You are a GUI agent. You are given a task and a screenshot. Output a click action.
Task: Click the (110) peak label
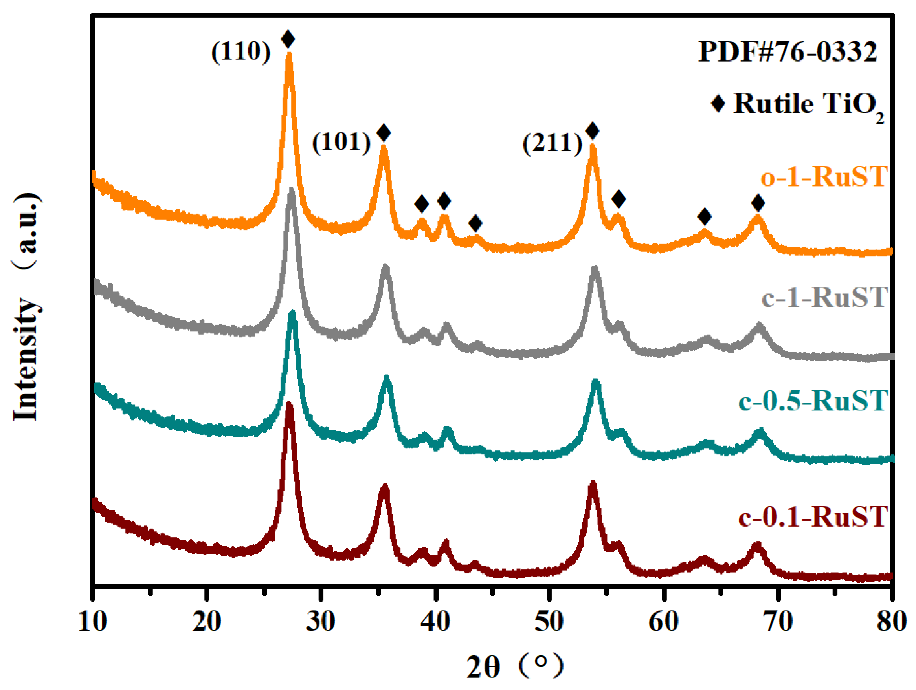[240, 52]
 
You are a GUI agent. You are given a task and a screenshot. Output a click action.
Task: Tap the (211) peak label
[553, 143]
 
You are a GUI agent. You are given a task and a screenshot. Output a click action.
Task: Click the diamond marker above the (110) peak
[288, 39]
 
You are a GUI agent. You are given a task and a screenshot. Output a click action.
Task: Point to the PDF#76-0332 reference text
[787, 52]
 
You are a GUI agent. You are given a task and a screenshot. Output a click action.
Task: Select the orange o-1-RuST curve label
[824, 176]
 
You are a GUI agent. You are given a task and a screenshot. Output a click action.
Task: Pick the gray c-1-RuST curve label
[824, 297]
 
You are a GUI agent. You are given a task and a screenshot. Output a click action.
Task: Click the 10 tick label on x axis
[92, 622]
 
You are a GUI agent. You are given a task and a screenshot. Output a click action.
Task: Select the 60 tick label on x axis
[663, 622]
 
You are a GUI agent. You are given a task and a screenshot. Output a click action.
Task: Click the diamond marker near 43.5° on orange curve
[475, 223]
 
